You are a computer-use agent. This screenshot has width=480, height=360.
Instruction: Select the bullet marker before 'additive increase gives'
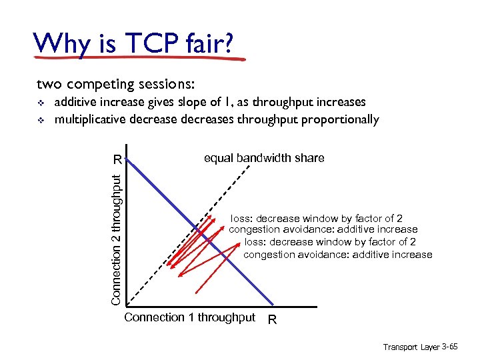[x=41, y=103]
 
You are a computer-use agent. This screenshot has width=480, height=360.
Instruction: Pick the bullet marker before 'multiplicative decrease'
[x=41, y=121]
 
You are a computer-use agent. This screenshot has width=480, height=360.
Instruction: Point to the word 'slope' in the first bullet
[x=199, y=102]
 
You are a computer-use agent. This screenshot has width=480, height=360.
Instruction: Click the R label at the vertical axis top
[x=117, y=160]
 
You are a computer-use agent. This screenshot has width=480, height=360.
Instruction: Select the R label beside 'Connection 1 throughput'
[x=272, y=320]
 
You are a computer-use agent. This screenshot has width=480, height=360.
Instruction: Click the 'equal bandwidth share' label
[x=264, y=158]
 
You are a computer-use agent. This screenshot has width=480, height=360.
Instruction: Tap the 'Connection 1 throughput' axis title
[x=189, y=317]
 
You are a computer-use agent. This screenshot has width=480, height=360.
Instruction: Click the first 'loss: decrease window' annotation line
[x=317, y=218]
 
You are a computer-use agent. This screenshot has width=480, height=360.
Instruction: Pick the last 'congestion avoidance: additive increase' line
[x=338, y=254]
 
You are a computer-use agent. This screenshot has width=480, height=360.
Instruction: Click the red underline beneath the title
[x=140, y=58]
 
